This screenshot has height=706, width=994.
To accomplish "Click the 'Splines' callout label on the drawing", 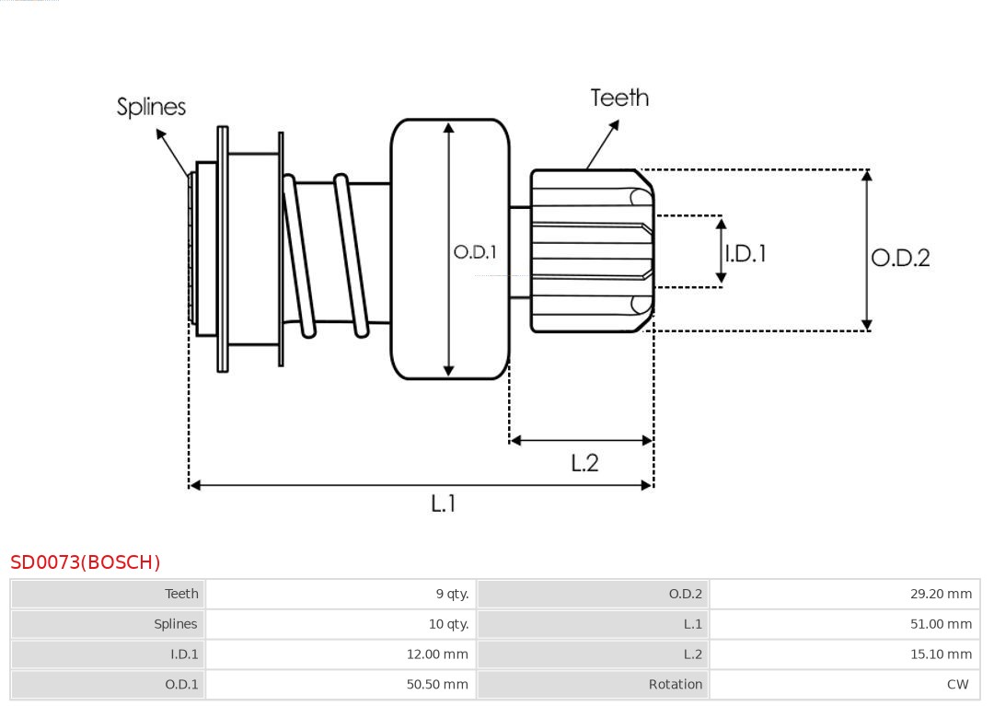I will coord(151,107).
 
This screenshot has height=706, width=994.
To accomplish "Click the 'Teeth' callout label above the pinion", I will coord(619,98).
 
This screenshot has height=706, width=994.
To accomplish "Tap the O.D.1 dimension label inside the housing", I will coord(475,252).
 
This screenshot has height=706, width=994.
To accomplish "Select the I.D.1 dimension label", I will coord(745,253).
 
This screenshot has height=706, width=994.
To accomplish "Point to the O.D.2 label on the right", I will coord(900,258).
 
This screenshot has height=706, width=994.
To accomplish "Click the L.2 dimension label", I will coord(584,463).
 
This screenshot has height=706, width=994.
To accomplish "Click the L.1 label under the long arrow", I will coord(444,503).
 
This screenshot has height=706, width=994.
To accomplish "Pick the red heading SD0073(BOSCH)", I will coord(86,562).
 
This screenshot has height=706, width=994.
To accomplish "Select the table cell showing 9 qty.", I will coord(452,594).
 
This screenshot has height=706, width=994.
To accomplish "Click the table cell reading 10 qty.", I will coord(448,624).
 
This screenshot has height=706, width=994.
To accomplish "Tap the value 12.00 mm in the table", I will coord(437,654).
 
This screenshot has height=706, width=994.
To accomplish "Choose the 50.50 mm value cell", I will coord(437,685).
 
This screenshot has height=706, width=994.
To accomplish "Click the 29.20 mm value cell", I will coord(941,594).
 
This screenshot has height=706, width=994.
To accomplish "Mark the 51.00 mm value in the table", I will coord(941,624).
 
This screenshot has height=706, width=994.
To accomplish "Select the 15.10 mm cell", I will coord(941,654).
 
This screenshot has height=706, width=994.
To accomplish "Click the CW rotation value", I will coord(957,685).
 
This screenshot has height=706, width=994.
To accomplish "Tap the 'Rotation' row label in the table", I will coord(675,685).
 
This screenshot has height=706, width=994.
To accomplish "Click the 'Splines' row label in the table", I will coord(175,624).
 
